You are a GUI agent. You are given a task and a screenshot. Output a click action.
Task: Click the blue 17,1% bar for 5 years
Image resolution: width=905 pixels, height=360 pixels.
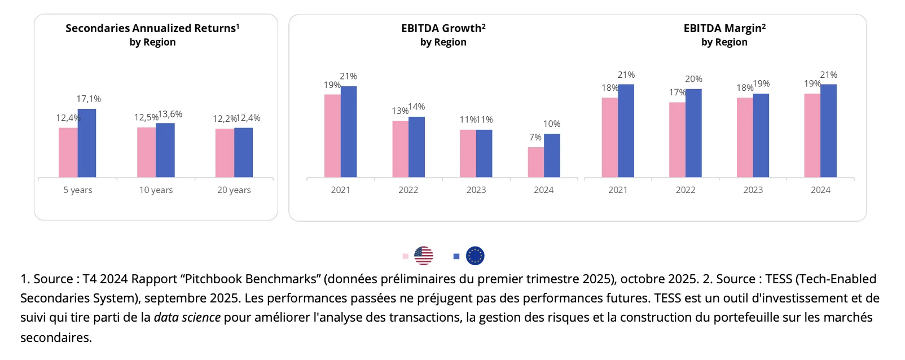pos(87,143)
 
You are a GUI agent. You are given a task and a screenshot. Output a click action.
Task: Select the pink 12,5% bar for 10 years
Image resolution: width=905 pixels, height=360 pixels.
pos(146,152)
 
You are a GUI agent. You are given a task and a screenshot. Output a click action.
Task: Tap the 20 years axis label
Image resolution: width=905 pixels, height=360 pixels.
pos(234,190)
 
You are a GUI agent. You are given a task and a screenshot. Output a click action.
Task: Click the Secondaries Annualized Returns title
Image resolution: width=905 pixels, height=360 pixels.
pos(152,28)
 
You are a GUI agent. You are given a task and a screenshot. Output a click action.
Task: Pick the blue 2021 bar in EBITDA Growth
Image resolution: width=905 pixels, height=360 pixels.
pos(349,132)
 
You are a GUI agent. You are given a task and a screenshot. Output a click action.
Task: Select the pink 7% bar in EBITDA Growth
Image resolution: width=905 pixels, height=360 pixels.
pos(535,163)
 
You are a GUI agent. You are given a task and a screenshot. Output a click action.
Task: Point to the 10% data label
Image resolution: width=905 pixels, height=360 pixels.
pos(552,124)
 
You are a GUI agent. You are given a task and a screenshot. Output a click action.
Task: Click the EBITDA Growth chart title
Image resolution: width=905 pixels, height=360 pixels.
pos(443,28)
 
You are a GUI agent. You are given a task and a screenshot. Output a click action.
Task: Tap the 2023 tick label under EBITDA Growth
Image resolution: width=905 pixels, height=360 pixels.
pos(476,190)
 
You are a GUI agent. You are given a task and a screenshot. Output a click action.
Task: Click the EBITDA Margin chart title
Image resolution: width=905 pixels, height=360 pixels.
pos(724,28)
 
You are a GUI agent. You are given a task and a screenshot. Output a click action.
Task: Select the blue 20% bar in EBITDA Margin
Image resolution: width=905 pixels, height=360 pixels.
pos(693,133)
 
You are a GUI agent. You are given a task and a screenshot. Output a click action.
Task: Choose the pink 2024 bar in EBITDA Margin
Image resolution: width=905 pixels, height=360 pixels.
pos(812,135)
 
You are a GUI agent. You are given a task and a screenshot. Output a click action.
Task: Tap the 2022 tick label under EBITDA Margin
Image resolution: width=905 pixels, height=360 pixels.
pos(685,190)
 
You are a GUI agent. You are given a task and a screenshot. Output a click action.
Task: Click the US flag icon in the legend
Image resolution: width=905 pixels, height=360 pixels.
pos(423,256)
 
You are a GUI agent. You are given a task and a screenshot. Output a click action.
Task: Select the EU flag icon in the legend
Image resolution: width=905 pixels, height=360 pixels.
pos(475,256)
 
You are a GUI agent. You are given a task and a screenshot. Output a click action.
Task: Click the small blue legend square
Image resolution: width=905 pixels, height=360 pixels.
pos(456,256)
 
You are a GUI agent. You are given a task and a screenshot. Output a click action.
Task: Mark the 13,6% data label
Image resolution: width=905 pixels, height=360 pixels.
pos(170,115)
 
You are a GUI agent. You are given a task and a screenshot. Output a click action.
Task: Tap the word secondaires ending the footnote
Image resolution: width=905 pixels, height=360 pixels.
pos(56,337)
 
